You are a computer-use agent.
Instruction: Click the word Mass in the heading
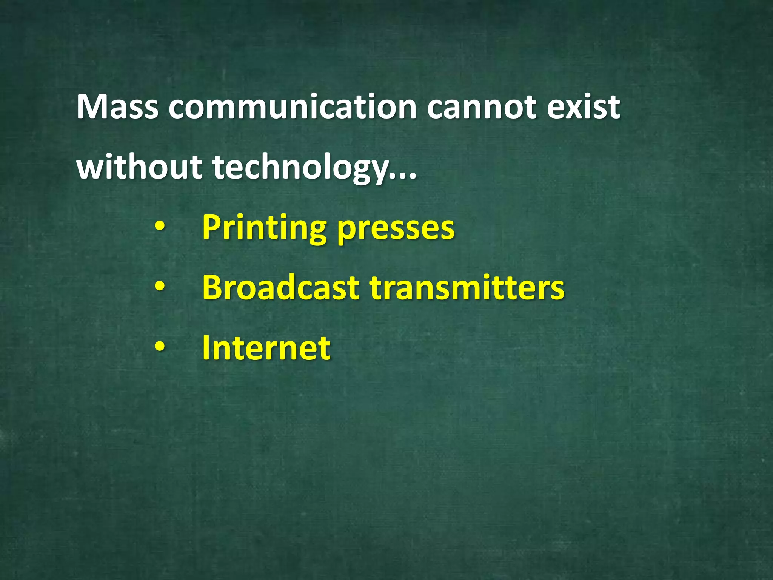coord(117,107)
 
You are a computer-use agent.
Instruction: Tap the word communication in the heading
coord(293,107)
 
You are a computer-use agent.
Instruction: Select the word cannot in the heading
coord(481,107)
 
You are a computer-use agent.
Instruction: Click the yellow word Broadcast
coord(280,288)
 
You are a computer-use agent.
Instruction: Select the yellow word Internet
coord(266,348)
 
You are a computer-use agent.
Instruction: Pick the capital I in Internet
coord(206,348)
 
